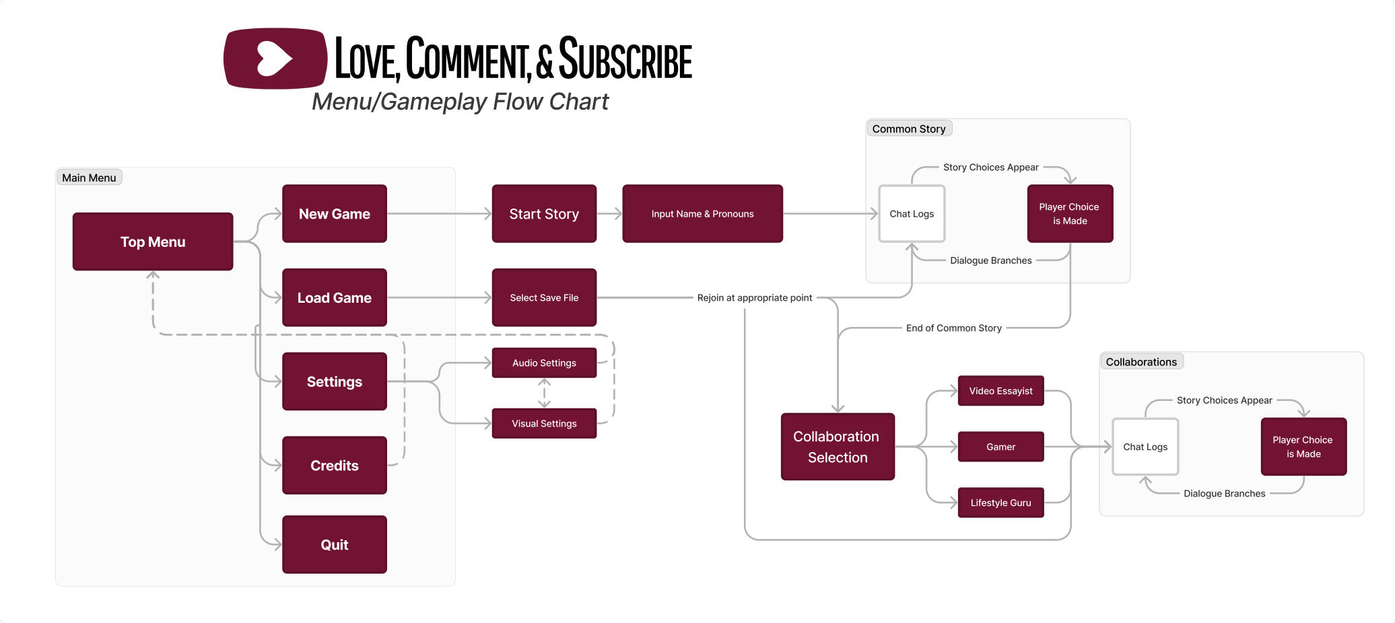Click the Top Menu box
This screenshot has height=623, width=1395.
pyautogui.click(x=153, y=242)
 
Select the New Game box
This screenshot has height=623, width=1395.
pyautogui.click(x=335, y=214)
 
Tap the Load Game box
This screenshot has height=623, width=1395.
pyautogui.click(x=335, y=297)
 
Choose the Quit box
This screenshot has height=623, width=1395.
pyautogui.click(x=335, y=544)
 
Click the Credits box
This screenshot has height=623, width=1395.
pyautogui.click(x=335, y=465)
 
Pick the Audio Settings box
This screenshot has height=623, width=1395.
pyautogui.click(x=544, y=363)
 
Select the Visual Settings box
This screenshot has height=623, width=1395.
pyautogui.click(x=544, y=423)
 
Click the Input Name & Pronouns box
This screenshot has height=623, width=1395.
pyautogui.click(x=702, y=214)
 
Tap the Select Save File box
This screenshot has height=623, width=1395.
pyautogui.click(x=544, y=297)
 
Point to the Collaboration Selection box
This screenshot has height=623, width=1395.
pyautogui.click(x=837, y=447)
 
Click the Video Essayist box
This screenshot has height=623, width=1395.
pyautogui.click(x=1000, y=391)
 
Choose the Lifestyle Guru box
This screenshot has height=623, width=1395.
pyautogui.click(x=1000, y=503)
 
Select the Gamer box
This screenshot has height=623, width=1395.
pyautogui.click(x=1000, y=447)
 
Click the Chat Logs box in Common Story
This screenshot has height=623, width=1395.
pyautogui.click(x=912, y=214)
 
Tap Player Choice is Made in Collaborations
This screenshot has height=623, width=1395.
pyautogui.click(x=1303, y=447)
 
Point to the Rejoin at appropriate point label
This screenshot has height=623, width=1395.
pyautogui.click(x=754, y=297)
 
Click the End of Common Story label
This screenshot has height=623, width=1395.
pyautogui.click(x=953, y=328)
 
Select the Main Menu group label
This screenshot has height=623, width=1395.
pyautogui.click(x=89, y=178)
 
